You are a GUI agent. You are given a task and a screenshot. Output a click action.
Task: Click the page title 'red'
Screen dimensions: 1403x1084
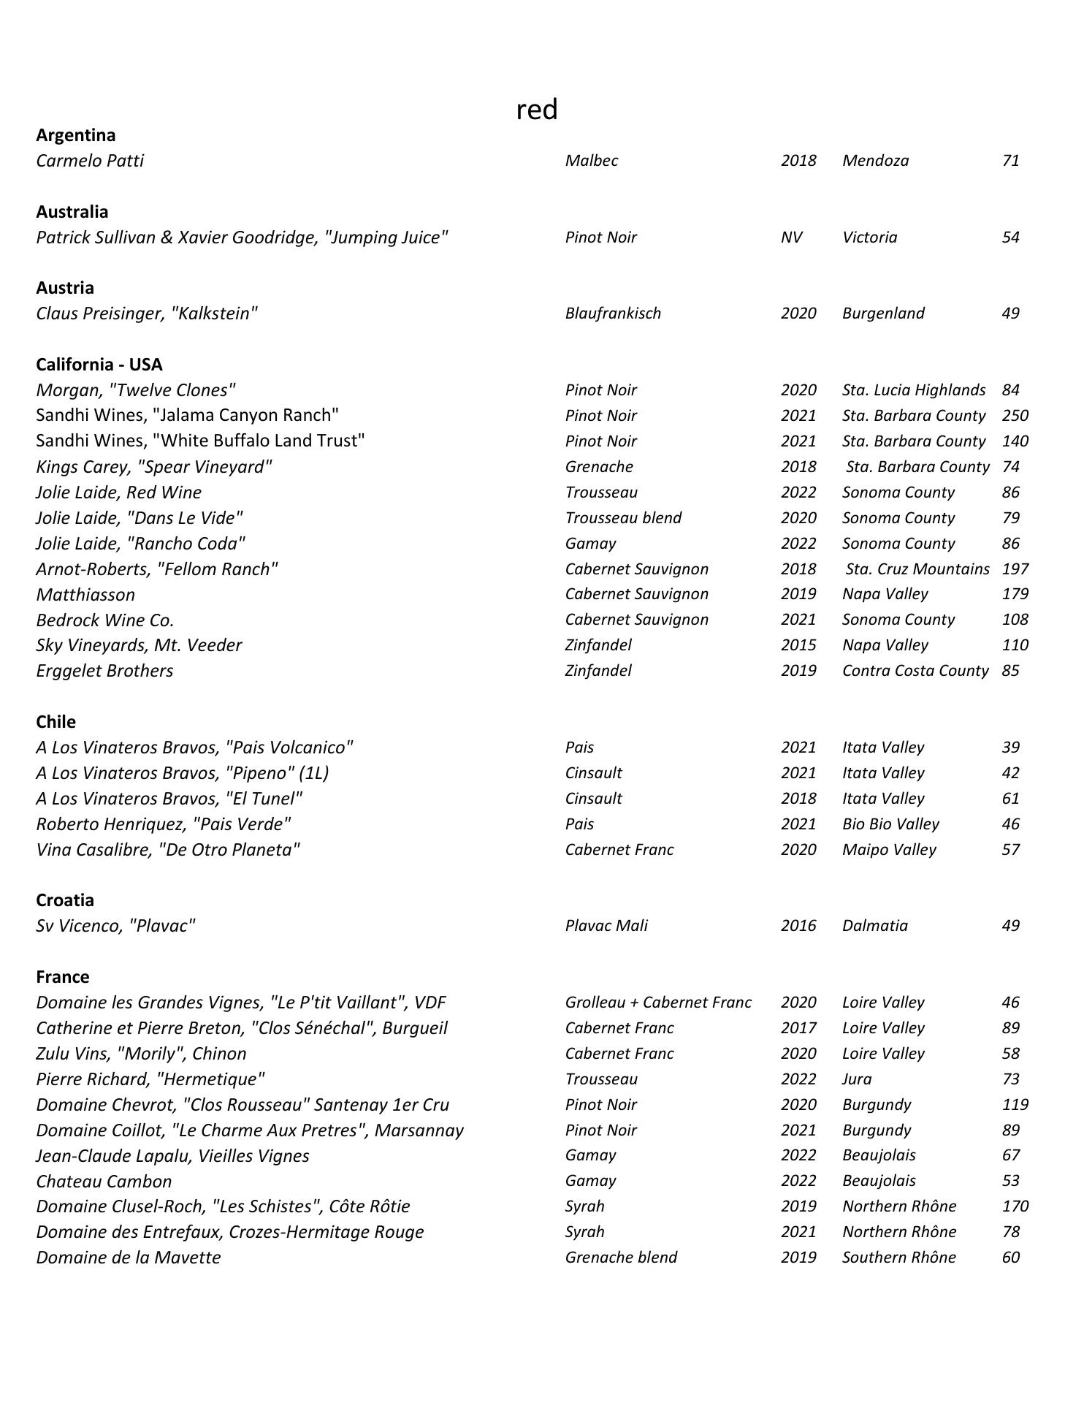(537, 110)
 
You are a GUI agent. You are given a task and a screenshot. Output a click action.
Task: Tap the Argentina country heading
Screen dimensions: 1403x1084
(75, 135)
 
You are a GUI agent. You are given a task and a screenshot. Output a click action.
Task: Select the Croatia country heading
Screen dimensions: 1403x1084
(65, 900)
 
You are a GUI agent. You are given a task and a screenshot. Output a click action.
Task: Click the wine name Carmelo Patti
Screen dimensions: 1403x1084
(90, 161)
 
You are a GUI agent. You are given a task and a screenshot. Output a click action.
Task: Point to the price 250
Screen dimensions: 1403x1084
(1015, 416)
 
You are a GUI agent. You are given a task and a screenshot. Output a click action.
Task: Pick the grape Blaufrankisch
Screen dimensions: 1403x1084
(613, 313)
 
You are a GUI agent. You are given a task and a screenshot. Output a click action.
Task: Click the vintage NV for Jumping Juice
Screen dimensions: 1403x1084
(791, 237)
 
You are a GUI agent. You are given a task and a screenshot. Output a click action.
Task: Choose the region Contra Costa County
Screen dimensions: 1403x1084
(915, 671)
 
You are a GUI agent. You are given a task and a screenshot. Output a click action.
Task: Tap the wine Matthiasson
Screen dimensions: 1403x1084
(85, 595)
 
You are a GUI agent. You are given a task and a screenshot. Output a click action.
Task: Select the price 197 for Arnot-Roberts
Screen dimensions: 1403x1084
(1015, 569)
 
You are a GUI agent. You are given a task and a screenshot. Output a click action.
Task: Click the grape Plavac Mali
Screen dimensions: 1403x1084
(606, 926)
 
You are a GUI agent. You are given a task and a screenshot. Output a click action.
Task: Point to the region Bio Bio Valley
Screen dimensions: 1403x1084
(890, 824)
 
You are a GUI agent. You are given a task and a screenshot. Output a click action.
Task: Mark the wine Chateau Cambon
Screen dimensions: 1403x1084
(104, 1182)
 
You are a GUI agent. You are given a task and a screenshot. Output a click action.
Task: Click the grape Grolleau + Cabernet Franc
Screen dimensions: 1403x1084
(658, 1003)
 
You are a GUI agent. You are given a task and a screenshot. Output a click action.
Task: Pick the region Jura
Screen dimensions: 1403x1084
(857, 1079)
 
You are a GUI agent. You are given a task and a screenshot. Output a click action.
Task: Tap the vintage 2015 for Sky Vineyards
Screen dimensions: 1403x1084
(798, 645)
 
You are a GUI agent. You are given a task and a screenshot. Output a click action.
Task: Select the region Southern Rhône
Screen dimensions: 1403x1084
(898, 1258)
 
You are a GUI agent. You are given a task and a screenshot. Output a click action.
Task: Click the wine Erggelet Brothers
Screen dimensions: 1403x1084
(104, 671)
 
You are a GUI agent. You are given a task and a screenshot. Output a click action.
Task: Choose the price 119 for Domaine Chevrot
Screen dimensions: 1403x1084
(1015, 1105)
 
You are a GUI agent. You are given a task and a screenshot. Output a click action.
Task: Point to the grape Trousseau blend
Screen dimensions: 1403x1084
(623, 518)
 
